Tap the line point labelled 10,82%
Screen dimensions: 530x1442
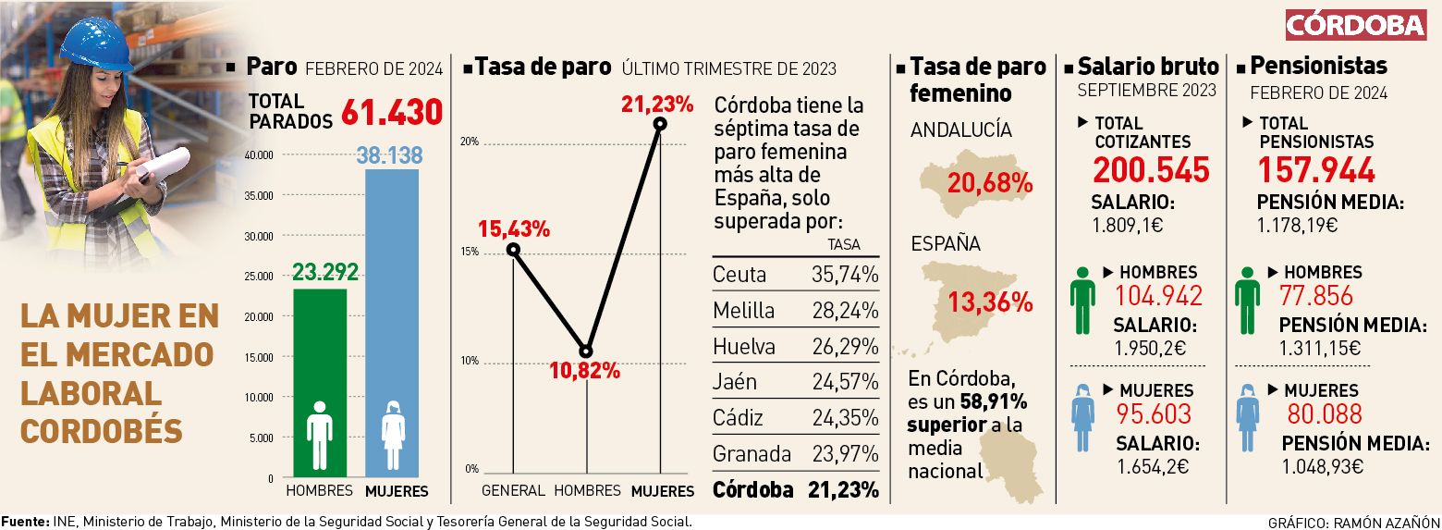pos(585,351)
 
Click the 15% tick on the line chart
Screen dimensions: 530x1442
pos(470,252)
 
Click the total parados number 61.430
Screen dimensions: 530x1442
pos(392,113)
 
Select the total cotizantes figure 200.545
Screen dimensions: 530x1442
pos(1151,170)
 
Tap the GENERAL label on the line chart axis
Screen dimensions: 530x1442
pos(513,490)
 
